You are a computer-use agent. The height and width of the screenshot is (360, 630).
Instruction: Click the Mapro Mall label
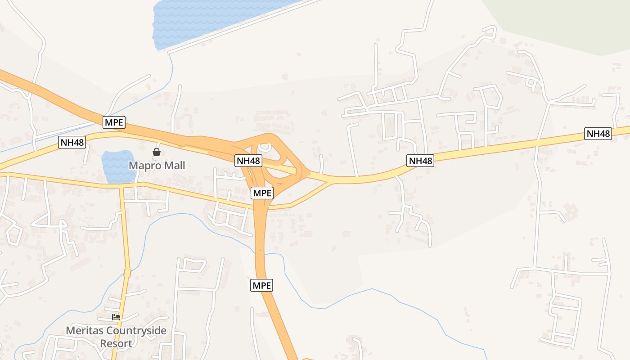coord(157,166)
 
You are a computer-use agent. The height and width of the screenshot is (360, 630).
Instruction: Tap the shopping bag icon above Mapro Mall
coord(157,152)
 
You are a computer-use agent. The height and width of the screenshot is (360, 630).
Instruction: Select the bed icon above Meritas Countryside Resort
coord(116,317)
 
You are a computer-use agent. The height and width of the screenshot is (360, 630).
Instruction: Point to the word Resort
coord(116,344)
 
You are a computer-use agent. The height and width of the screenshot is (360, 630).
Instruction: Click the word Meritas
coord(82,331)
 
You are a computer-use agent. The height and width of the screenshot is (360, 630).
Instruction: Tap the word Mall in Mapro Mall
coord(174,166)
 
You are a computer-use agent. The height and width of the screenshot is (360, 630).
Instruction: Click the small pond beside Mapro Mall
coord(116,166)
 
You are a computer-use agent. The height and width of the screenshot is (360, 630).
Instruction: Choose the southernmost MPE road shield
coord(262,285)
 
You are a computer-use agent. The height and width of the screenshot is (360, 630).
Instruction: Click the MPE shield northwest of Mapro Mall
coord(114,122)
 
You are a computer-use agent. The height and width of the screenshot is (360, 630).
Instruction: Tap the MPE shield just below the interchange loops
coord(262,193)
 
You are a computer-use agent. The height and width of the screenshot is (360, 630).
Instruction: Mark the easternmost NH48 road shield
coord(598,134)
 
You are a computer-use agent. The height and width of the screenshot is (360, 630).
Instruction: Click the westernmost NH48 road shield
coord(72,143)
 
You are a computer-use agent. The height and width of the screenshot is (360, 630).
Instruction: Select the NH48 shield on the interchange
coord(248,160)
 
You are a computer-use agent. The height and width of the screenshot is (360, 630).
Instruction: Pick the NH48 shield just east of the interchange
coord(420,161)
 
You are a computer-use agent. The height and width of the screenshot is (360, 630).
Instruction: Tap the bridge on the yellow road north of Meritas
coord(127,273)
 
